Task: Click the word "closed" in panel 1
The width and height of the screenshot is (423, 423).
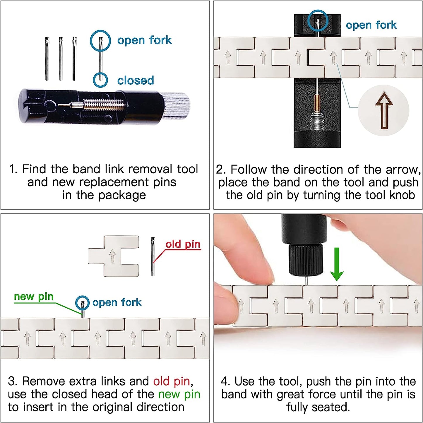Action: coord(136,80)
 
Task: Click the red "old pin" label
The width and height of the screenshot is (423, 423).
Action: coord(183,244)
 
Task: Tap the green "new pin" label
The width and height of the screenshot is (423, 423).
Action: coord(34,297)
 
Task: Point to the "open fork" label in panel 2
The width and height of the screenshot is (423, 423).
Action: coord(371,25)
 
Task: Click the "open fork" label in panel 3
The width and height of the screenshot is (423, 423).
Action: coord(117,302)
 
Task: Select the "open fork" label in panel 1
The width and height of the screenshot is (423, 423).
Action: coord(144,40)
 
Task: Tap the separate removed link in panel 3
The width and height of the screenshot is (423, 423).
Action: coord(114,256)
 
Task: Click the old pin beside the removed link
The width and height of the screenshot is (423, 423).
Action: coord(153,256)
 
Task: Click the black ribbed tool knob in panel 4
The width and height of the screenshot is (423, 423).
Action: coord(306,259)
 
